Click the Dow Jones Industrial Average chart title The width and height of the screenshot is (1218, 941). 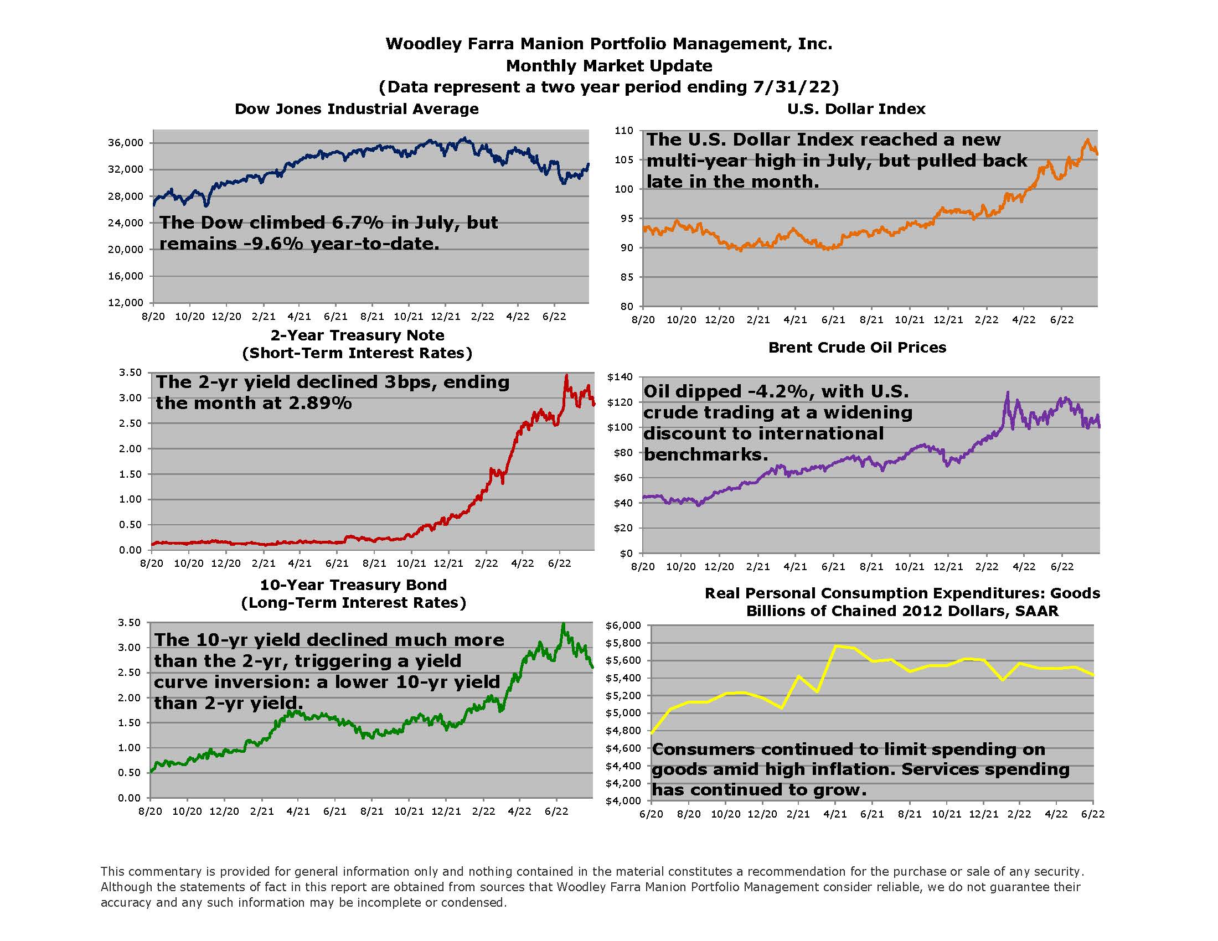pyautogui.click(x=357, y=108)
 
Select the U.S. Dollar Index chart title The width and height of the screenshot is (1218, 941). pyautogui.click(x=856, y=108)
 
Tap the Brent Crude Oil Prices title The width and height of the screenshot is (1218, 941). pyautogui.click(x=857, y=347)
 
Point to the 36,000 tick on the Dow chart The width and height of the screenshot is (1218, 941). pyautogui.click(x=126, y=143)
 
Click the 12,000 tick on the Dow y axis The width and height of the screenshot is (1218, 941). pyautogui.click(x=126, y=303)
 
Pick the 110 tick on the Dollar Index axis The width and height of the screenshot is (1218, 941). pyautogui.click(x=624, y=131)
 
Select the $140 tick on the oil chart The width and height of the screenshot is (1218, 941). pyautogui.click(x=620, y=377)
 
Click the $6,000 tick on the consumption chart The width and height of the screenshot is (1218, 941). pyautogui.click(x=623, y=625)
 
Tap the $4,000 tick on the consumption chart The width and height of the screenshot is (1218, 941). pyautogui.click(x=623, y=801)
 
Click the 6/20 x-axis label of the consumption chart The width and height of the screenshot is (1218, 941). pyautogui.click(x=651, y=814)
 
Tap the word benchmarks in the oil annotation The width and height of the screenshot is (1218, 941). pyautogui.click(x=705, y=454)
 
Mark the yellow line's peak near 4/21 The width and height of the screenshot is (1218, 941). pyautogui.click(x=835, y=646)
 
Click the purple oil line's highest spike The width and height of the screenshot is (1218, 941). pyautogui.click(x=1007, y=393)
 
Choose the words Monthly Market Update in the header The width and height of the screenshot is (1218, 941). pyautogui.click(x=608, y=66)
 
